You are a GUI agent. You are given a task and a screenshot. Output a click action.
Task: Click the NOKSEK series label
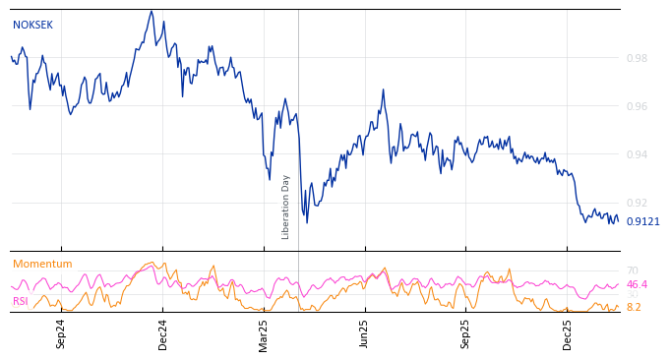click(32, 26)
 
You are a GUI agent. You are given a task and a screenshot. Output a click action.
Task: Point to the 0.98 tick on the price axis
click(637, 58)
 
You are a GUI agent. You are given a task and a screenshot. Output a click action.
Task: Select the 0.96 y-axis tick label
click(637, 106)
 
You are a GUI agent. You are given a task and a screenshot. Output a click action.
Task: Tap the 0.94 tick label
click(637, 154)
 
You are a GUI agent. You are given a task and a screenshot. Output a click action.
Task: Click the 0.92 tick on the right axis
click(637, 203)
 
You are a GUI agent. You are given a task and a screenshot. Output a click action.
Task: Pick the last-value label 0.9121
click(642, 222)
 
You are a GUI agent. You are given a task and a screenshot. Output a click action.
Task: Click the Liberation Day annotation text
click(286, 207)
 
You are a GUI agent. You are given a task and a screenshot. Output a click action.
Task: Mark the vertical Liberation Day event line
click(298, 118)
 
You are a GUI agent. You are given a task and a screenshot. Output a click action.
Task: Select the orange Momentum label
click(42, 265)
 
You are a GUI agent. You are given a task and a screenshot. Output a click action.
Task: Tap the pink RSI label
click(21, 302)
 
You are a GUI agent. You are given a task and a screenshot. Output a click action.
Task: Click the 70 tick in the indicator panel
click(632, 270)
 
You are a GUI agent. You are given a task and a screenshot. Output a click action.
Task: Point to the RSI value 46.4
click(637, 285)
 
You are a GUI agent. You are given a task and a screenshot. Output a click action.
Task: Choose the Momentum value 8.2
click(634, 308)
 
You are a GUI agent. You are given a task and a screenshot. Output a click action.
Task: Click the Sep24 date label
click(61, 333)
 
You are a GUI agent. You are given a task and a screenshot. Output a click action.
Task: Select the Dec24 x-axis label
click(163, 333)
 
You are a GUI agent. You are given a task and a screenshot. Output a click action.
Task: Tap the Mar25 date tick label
click(264, 333)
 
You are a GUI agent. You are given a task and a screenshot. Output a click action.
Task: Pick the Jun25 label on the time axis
click(365, 333)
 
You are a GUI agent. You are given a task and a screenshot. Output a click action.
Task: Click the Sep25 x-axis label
click(466, 333)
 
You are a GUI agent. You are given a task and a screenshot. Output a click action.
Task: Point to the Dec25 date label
click(568, 333)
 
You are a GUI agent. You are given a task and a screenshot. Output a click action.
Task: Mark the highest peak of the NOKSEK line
click(152, 11)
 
